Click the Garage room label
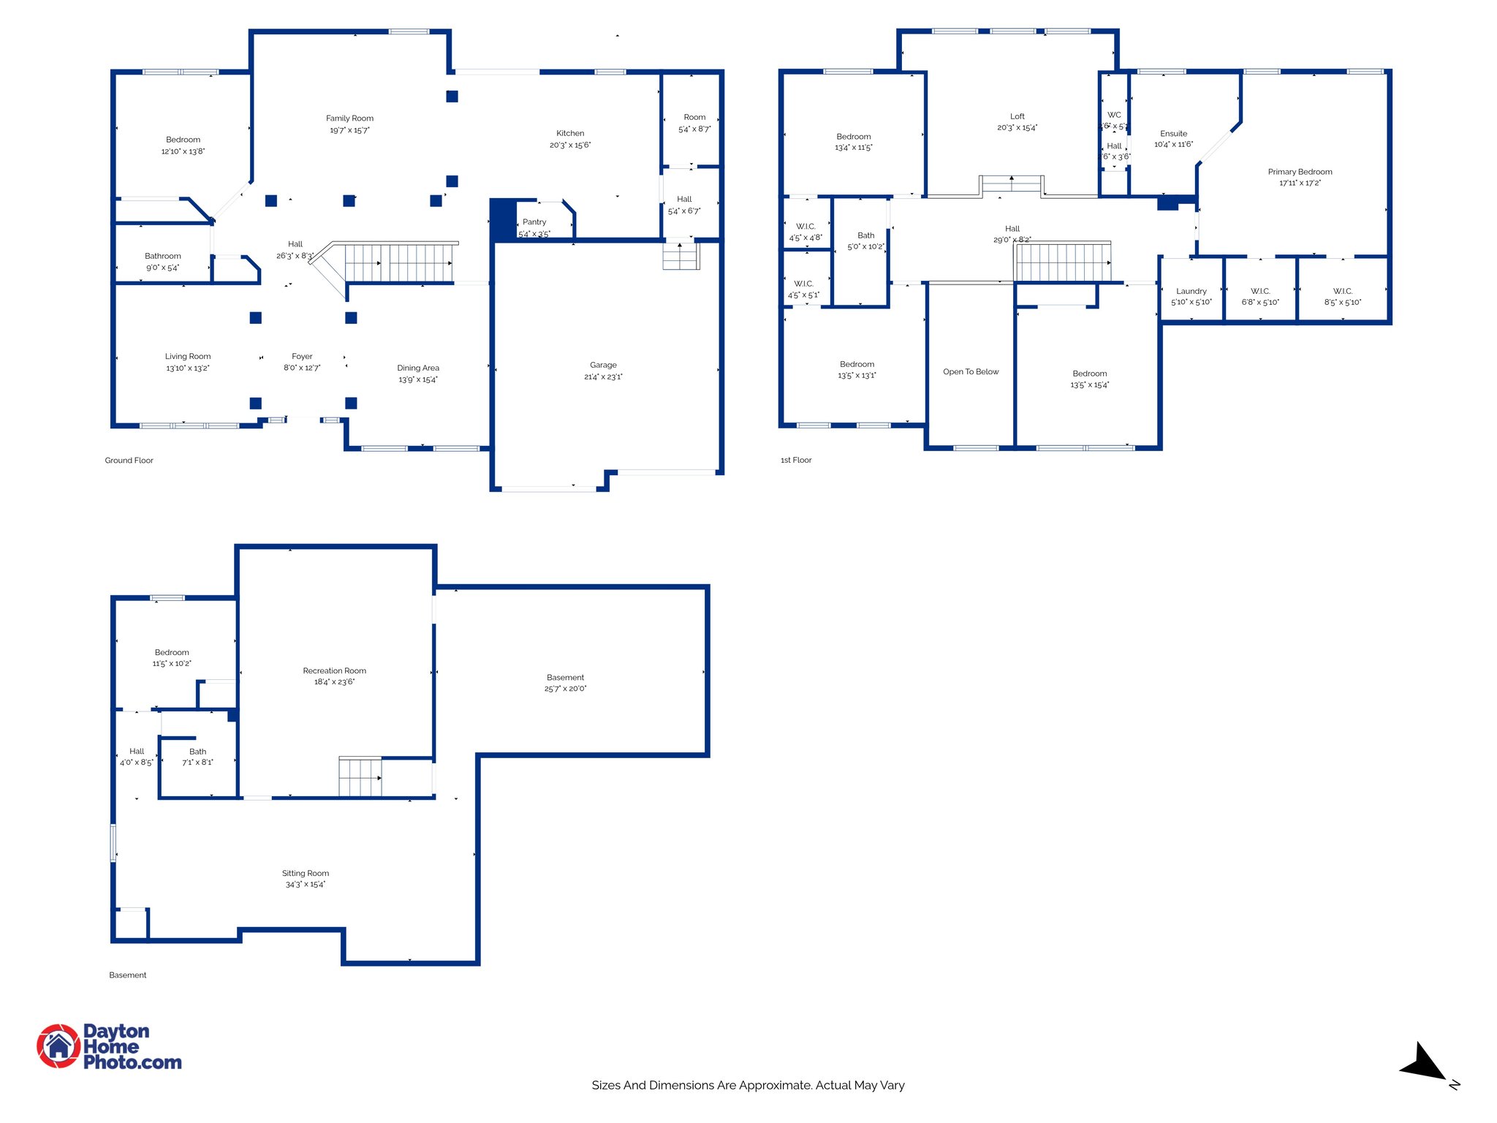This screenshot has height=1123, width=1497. point(603,365)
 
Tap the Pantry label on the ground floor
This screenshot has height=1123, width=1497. point(534,222)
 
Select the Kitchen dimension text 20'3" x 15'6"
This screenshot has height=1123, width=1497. point(570,145)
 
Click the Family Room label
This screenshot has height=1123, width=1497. point(349,118)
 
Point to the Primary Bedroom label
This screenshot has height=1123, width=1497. point(1300,172)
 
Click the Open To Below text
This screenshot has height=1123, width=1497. point(971,372)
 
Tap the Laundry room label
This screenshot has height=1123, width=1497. point(1191,291)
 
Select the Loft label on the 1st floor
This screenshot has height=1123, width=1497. point(1017,116)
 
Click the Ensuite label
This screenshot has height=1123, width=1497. point(1173,134)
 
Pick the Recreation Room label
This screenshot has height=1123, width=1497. point(334,670)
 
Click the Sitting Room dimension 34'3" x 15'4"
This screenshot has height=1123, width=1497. point(306,885)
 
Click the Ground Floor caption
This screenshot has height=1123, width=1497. point(129,461)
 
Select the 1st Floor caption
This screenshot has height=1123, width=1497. point(796,461)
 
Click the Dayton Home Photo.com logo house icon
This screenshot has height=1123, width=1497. point(58,1046)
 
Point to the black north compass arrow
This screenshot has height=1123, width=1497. point(1422,1064)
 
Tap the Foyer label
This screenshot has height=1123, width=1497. point(302,357)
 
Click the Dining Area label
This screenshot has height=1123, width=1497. point(418,368)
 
